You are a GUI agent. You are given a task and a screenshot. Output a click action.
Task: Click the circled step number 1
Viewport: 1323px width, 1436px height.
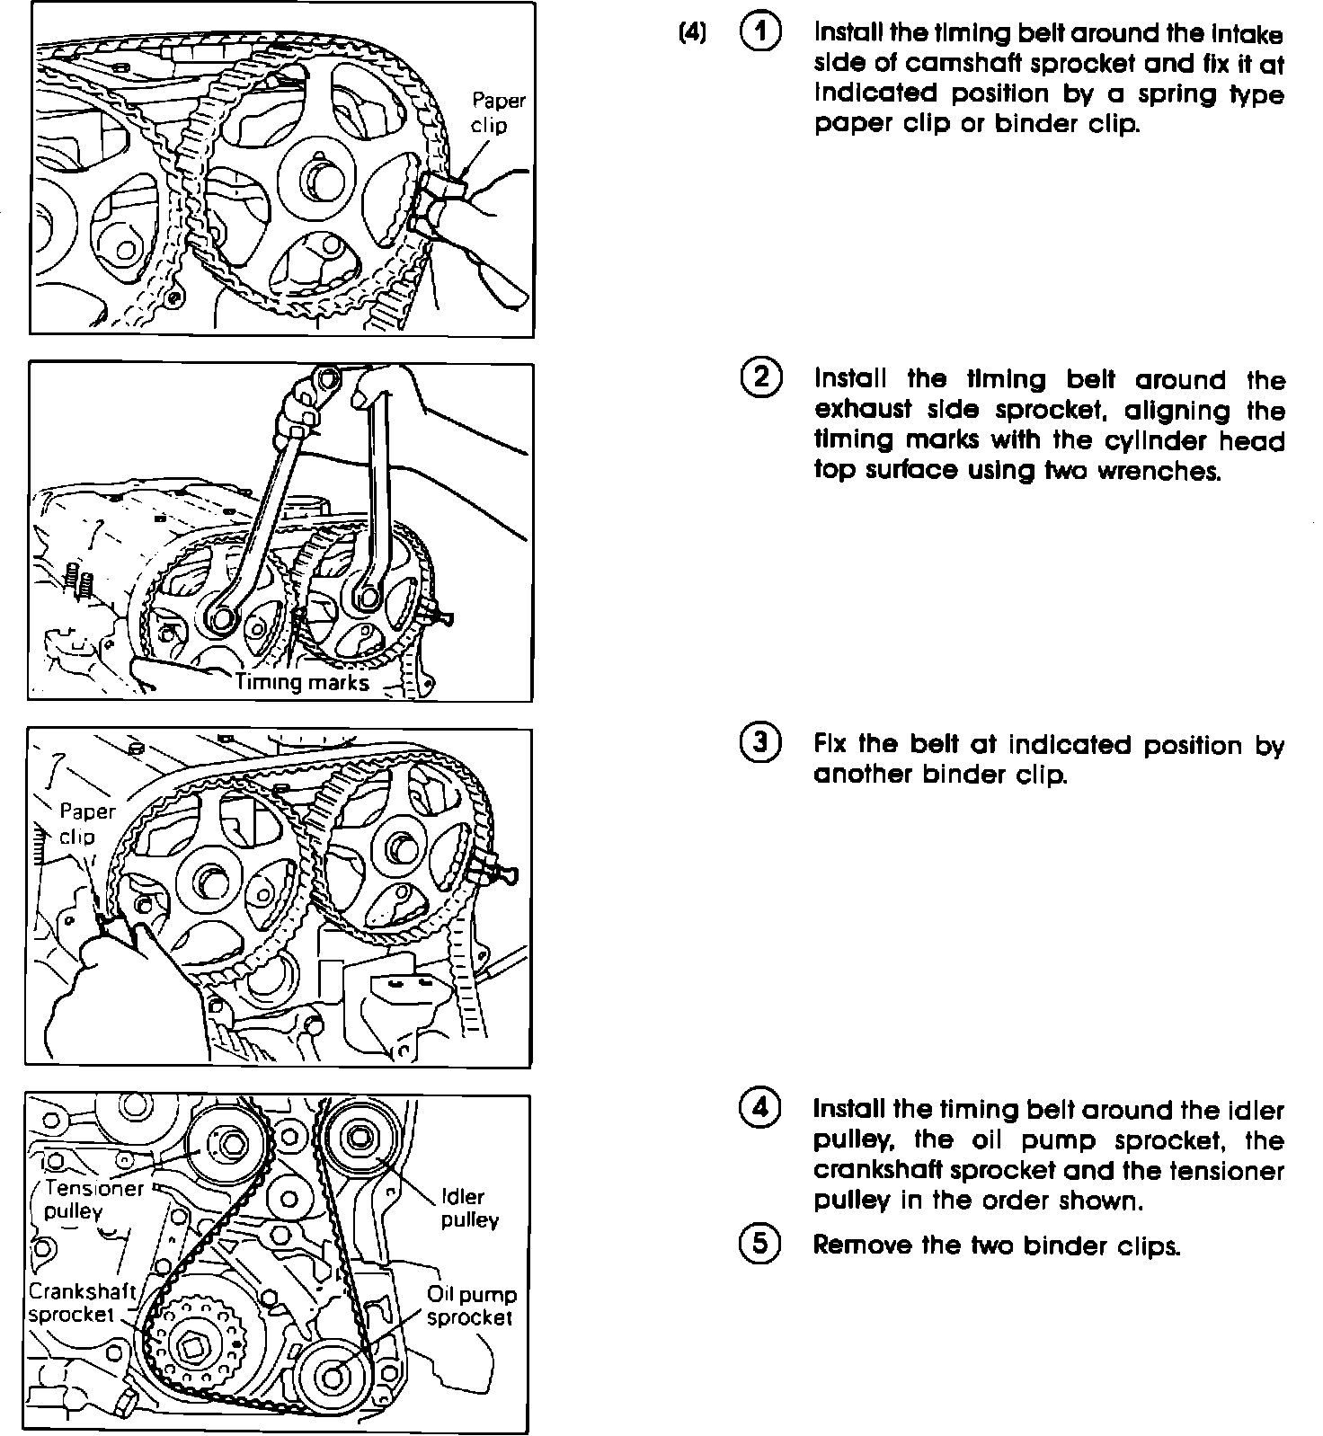click(760, 32)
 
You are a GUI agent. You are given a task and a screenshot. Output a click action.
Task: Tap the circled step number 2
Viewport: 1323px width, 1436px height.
click(760, 377)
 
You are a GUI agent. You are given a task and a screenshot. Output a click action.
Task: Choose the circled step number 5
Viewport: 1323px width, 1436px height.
click(760, 1244)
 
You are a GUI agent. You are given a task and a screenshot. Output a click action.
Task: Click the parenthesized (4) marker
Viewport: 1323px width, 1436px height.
click(692, 33)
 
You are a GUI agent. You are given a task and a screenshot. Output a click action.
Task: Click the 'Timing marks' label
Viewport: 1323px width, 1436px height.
click(302, 682)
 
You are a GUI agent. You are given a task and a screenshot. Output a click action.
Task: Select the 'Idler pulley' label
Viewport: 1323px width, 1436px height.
click(468, 1209)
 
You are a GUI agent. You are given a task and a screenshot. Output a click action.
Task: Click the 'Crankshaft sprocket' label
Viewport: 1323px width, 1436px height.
click(81, 1303)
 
